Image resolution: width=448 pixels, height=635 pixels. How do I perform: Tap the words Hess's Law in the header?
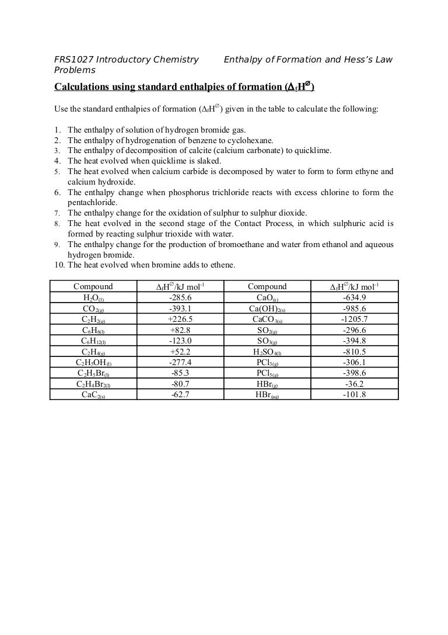tap(369, 60)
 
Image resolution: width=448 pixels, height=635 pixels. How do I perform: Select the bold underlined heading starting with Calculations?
tap(184, 87)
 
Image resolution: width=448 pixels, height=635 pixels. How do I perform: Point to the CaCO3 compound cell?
tap(267, 319)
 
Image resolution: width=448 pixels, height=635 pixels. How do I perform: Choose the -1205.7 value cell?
tap(355, 319)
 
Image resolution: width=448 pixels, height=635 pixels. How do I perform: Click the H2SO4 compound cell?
tap(267, 352)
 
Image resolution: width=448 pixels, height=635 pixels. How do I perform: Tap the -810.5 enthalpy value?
tap(355, 352)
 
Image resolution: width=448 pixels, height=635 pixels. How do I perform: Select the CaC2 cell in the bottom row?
tap(93, 395)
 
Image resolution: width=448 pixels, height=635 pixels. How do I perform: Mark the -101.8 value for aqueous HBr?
tap(355, 395)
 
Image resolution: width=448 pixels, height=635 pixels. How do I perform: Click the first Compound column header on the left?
tap(93, 286)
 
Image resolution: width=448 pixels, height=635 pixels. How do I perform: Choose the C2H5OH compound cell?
tap(93, 362)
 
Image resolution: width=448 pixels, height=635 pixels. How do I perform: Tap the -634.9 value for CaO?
tap(355, 297)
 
